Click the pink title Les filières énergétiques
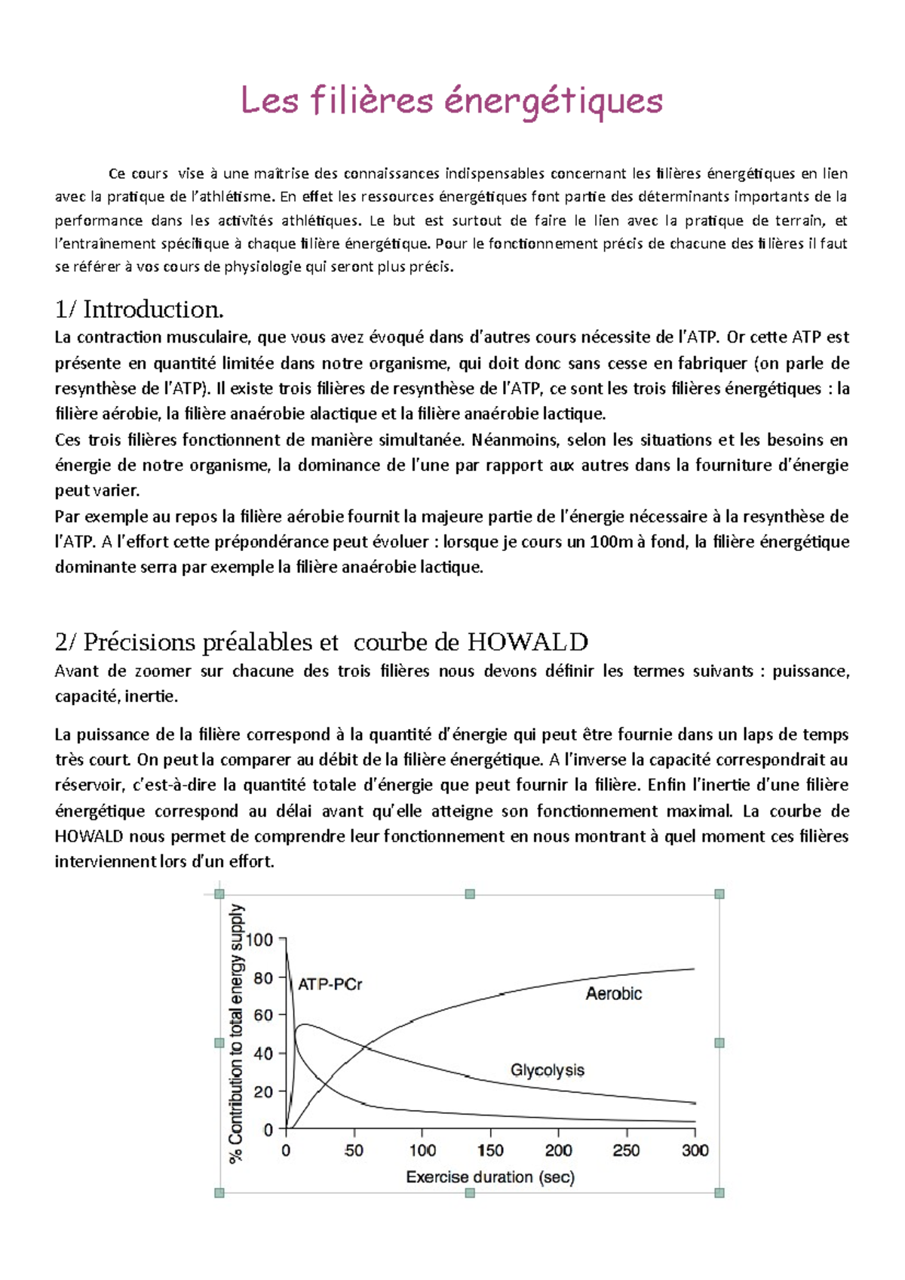coord(451,100)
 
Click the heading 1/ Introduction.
coord(140,309)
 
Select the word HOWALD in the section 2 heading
coord(527,642)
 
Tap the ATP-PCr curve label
coord(330,985)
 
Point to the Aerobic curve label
coord(613,994)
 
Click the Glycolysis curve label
coord(547,1070)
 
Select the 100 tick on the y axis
coord(259,940)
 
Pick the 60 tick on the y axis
coord(263,1015)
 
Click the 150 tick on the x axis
coord(490,1151)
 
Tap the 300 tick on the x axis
coord(695,1151)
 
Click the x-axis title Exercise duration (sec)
coord(490,1177)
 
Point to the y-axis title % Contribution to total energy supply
coord(236,1034)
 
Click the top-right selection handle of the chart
coord(719,894)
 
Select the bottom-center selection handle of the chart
coord(470,1193)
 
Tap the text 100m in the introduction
coord(615,542)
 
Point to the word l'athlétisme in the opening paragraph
coord(233,197)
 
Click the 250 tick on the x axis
coord(626,1151)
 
